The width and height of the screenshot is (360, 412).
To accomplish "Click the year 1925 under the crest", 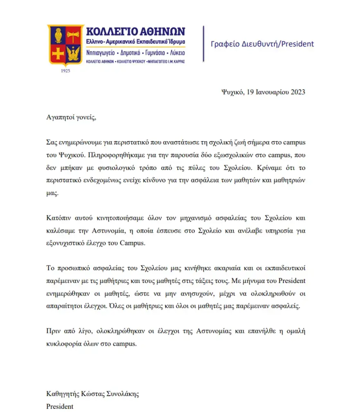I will [x=65, y=71].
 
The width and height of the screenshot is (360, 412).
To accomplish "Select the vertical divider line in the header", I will [x=203, y=43].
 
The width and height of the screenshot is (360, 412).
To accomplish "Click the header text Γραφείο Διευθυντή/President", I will [x=262, y=44].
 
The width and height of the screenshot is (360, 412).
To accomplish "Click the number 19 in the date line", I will [x=251, y=93].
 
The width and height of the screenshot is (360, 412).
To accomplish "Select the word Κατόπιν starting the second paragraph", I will [x=58, y=218].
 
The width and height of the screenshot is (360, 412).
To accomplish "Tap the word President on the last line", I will [x=60, y=407].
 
